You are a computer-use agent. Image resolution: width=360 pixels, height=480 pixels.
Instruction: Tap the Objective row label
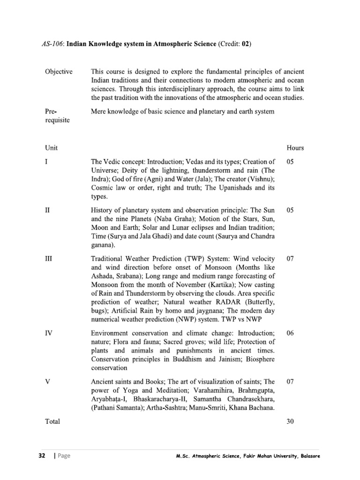coord(59,72)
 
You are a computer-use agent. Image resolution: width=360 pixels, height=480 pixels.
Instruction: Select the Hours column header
coord(295,148)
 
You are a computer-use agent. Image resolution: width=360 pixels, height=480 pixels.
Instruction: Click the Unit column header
coord(51,148)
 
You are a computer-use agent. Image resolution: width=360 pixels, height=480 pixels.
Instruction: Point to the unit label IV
coord(49,332)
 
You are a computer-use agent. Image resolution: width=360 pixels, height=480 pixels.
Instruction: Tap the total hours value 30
coord(290,421)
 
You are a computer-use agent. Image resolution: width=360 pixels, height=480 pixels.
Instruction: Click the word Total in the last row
coord(52,421)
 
